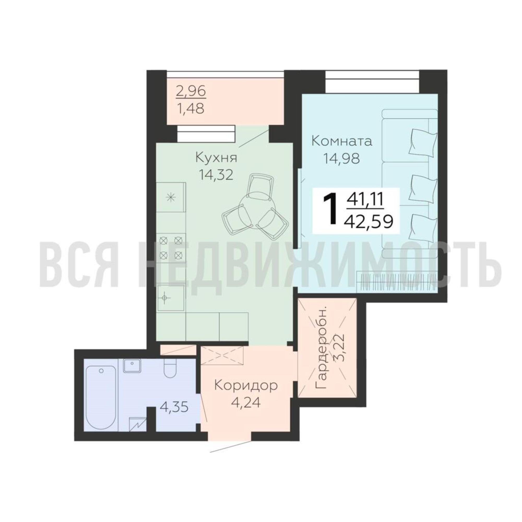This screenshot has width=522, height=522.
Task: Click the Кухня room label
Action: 216,158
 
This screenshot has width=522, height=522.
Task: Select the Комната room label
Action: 342,141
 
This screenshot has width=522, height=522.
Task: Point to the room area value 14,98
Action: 342,158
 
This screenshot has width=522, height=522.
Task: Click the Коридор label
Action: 246,386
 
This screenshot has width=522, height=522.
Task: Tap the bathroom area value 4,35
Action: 174,407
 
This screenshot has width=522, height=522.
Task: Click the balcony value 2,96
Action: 191,91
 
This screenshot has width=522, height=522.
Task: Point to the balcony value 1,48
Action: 191,109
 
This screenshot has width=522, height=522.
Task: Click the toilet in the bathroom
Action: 170,369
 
